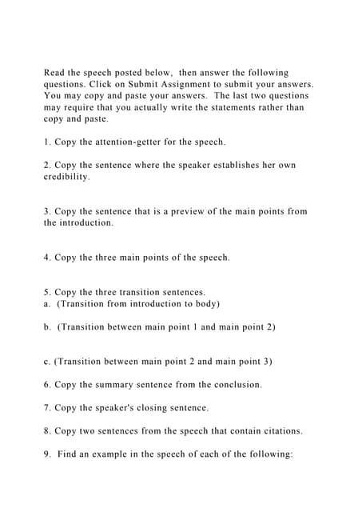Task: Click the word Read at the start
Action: (x=55, y=72)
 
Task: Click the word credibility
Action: (x=66, y=177)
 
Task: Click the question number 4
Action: (x=47, y=258)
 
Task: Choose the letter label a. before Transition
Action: (x=47, y=304)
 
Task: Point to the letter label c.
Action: (x=47, y=362)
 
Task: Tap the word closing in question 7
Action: (x=156, y=408)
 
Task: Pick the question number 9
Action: (x=47, y=454)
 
